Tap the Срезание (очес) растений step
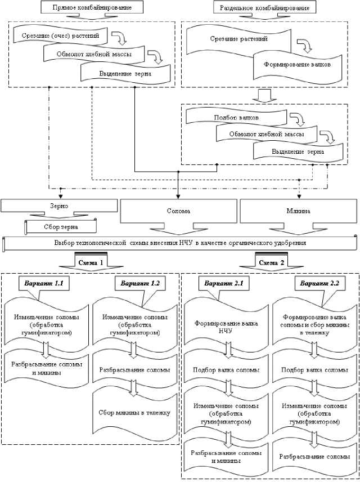pyautogui.click(x=56, y=37)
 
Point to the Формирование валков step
pyautogui.click(x=297, y=64)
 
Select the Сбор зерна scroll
pyautogui.click(x=60, y=227)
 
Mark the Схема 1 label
pyautogui.click(x=91, y=262)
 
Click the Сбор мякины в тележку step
pyautogui.click(x=134, y=413)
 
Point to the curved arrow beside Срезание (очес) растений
pyautogui.click(x=121, y=38)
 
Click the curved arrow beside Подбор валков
pyautogui.click(x=296, y=119)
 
